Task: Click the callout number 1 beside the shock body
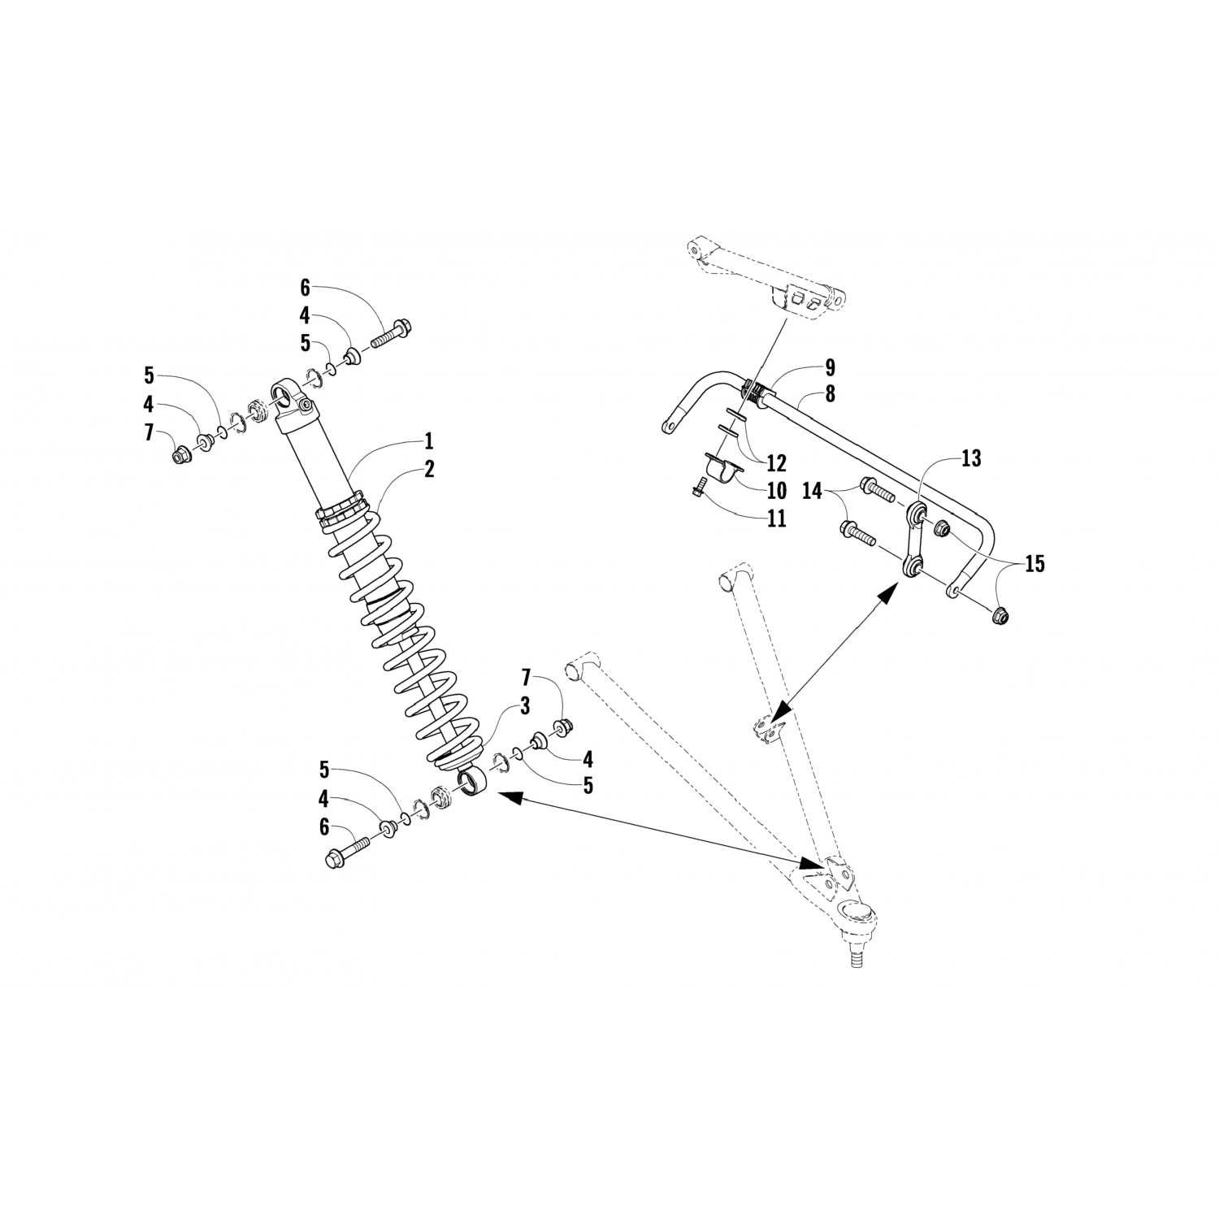click(428, 442)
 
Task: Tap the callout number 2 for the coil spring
click(428, 469)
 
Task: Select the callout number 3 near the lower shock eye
click(525, 705)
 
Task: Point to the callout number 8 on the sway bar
click(830, 394)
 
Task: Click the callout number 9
click(830, 367)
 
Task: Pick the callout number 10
click(776, 490)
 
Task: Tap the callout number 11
click(776, 518)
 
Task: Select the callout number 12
click(776, 463)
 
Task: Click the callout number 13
click(970, 459)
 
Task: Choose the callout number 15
click(1034, 563)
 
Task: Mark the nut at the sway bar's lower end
click(1001, 615)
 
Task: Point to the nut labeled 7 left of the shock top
click(180, 455)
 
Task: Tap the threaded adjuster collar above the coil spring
click(338, 514)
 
